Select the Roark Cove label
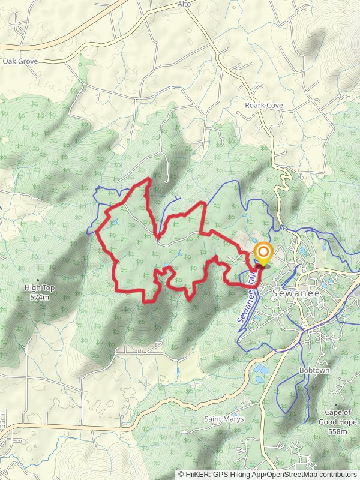pos(263,106)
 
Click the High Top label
pos(40,288)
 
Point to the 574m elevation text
pos(40,296)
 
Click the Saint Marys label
pos(224,419)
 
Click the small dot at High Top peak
pos(38,280)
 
